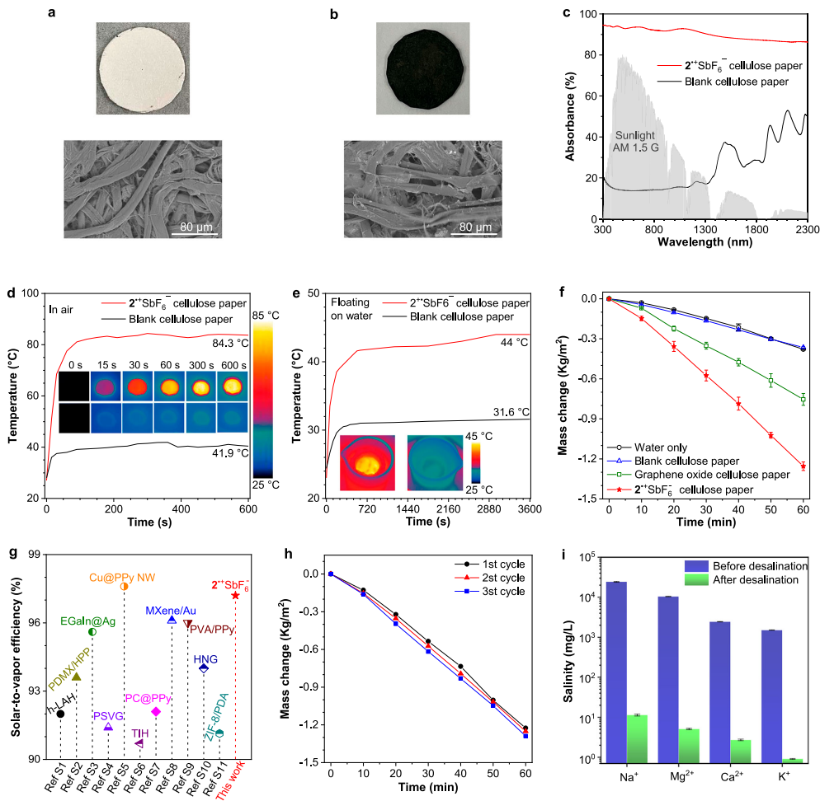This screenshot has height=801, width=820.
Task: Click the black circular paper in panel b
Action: pyautogui.click(x=419, y=67)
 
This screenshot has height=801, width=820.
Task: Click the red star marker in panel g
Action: pyautogui.click(x=235, y=595)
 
